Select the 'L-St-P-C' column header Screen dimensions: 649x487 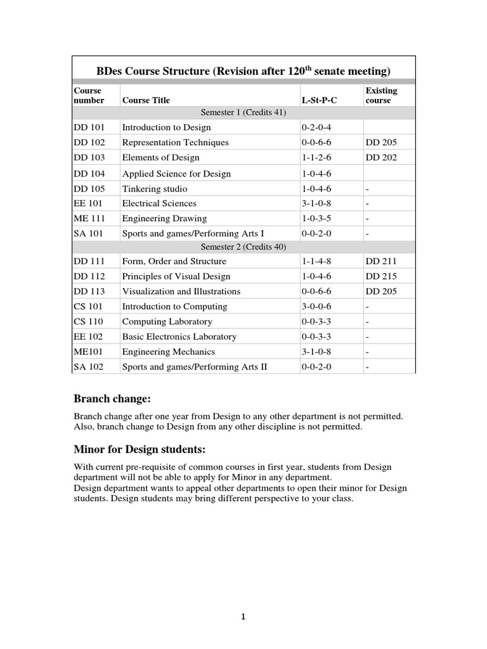(319, 100)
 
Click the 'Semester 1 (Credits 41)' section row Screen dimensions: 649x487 (243, 112)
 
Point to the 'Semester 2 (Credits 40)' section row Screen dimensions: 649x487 (243, 247)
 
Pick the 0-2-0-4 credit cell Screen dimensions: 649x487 (316, 127)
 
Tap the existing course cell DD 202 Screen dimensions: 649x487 (381, 157)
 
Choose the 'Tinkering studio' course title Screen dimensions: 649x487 (155, 188)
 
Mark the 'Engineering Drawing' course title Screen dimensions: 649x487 (164, 219)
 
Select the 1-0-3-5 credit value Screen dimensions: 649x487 (316, 219)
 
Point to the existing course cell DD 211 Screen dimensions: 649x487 (381, 261)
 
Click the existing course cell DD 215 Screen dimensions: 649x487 (381, 276)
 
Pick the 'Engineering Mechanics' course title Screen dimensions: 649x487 (168, 352)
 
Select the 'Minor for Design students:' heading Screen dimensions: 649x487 (140, 450)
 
